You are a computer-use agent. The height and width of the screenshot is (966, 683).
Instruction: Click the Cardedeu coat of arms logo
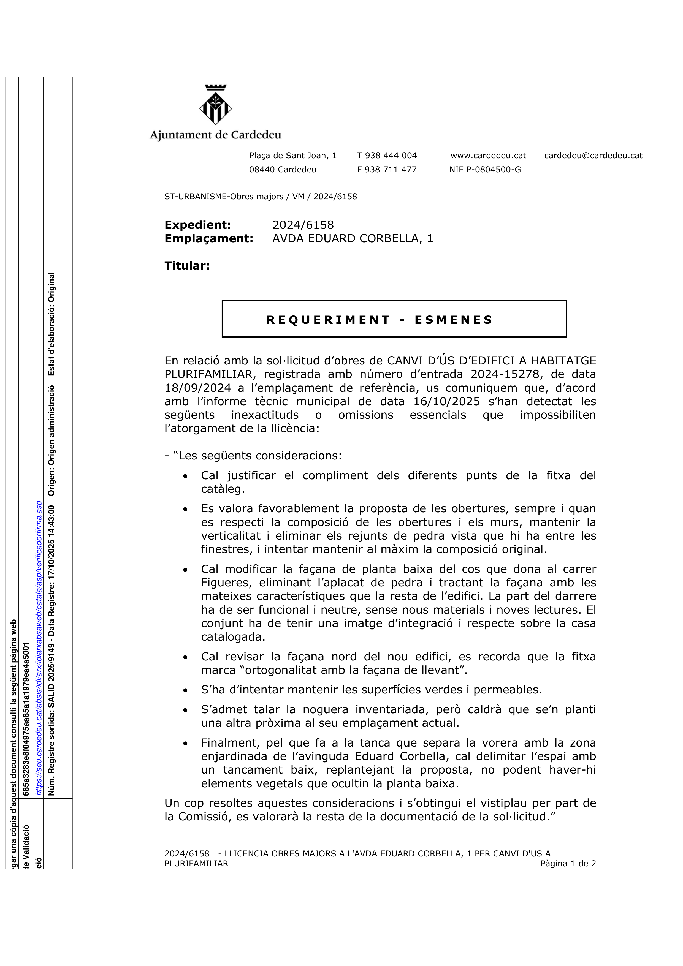pos(215,105)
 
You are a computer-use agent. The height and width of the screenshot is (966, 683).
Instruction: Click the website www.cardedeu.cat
pos(488,156)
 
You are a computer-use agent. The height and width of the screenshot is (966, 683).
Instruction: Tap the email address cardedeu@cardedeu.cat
pos(593,156)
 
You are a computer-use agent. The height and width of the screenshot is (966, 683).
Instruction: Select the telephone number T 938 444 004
pos(387,156)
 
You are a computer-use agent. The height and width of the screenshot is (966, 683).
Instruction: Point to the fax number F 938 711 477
pos(387,170)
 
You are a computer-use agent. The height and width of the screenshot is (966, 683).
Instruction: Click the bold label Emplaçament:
pos(209,239)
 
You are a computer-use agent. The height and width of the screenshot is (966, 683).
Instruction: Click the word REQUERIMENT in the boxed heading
pos(329,320)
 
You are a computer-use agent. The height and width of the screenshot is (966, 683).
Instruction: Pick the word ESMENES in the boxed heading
pos(453,320)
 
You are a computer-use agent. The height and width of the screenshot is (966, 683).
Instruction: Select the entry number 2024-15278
pos(505,374)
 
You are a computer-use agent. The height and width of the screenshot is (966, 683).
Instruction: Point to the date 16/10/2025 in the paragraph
pos(446,401)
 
